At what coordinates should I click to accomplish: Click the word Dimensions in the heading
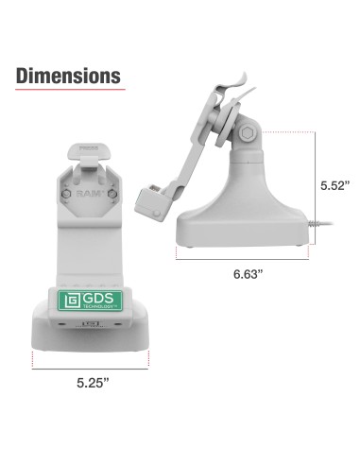pos(67,75)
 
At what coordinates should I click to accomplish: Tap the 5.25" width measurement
pos(93,384)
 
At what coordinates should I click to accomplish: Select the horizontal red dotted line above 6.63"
pos(247,255)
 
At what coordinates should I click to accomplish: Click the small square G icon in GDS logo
pos(71,301)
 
